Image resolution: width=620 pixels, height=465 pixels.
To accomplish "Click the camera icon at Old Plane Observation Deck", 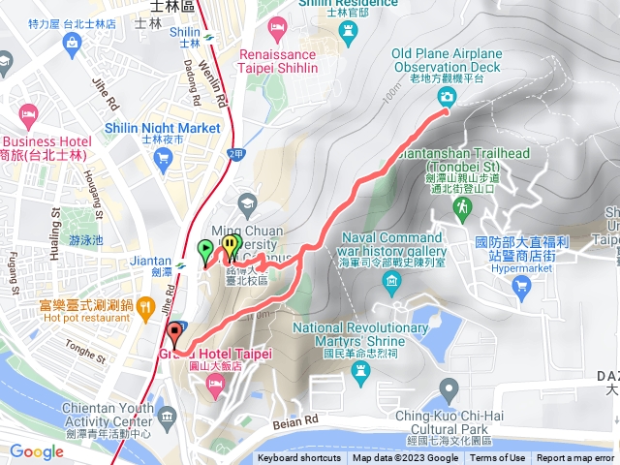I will click(x=446, y=96).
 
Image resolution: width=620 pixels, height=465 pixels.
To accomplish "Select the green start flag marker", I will click(x=204, y=251).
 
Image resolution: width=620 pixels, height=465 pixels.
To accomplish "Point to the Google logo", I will click(x=37, y=451).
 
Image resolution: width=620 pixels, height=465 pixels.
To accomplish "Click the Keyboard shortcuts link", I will click(x=300, y=458).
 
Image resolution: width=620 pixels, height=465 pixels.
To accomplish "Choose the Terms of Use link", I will click(x=498, y=458).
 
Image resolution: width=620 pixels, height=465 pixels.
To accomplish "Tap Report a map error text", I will click(x=575, y=458).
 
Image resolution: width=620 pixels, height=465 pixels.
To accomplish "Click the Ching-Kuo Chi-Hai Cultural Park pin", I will click(x=449, y=389).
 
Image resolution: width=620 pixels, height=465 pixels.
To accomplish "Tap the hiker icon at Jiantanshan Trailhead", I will click(x=465, y=206).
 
